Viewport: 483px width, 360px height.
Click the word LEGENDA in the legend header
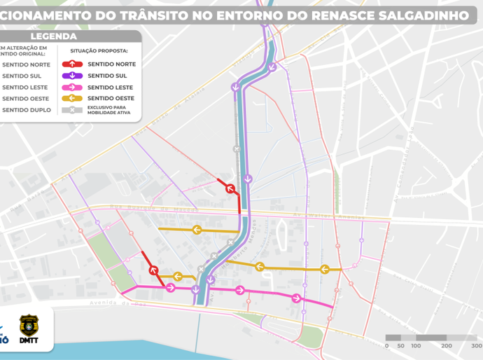click(x=54, y=36)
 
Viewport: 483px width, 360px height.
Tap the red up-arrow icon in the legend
click(x=72, y=64)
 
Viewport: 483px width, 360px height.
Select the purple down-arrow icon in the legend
click(x=72, y=76)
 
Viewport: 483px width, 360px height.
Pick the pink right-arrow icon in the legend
click(x=72, y=87)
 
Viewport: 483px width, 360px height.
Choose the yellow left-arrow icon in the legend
click(x=72, y=99)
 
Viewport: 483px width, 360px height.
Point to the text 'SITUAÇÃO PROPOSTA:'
click(x=99, y=51)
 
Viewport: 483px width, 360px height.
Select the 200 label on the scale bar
click(x=445, y=346)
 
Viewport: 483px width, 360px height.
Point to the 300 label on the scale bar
click(x=476, y=346)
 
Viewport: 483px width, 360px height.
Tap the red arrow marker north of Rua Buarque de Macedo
click(x=227, y=186)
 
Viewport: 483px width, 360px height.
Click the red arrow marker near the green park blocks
click(x=153, y=270)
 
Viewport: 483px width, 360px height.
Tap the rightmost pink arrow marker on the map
click(x=297, y=298)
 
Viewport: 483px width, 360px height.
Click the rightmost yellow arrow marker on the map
click(x=324, y=270)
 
